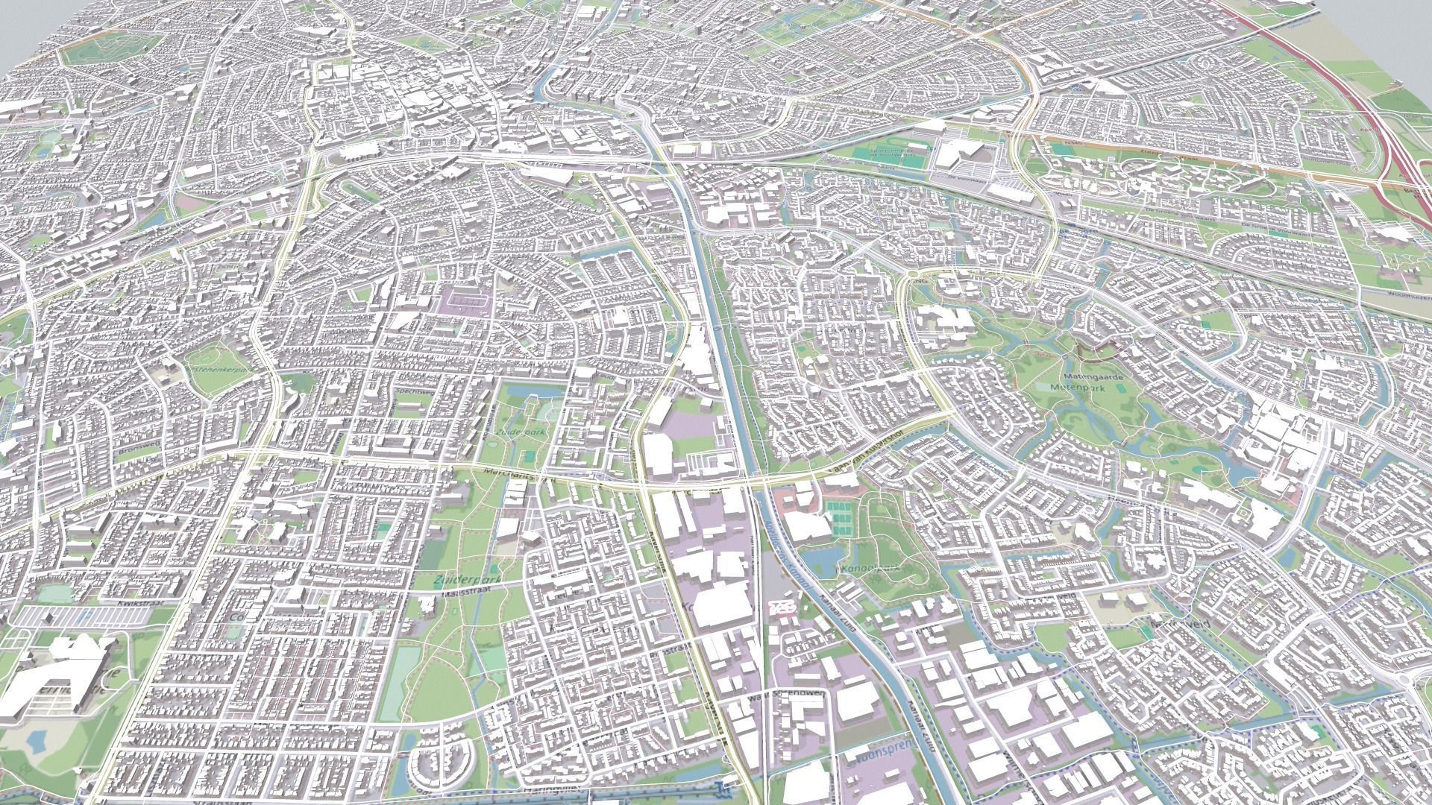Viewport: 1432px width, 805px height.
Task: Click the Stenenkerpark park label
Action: [222, 369]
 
